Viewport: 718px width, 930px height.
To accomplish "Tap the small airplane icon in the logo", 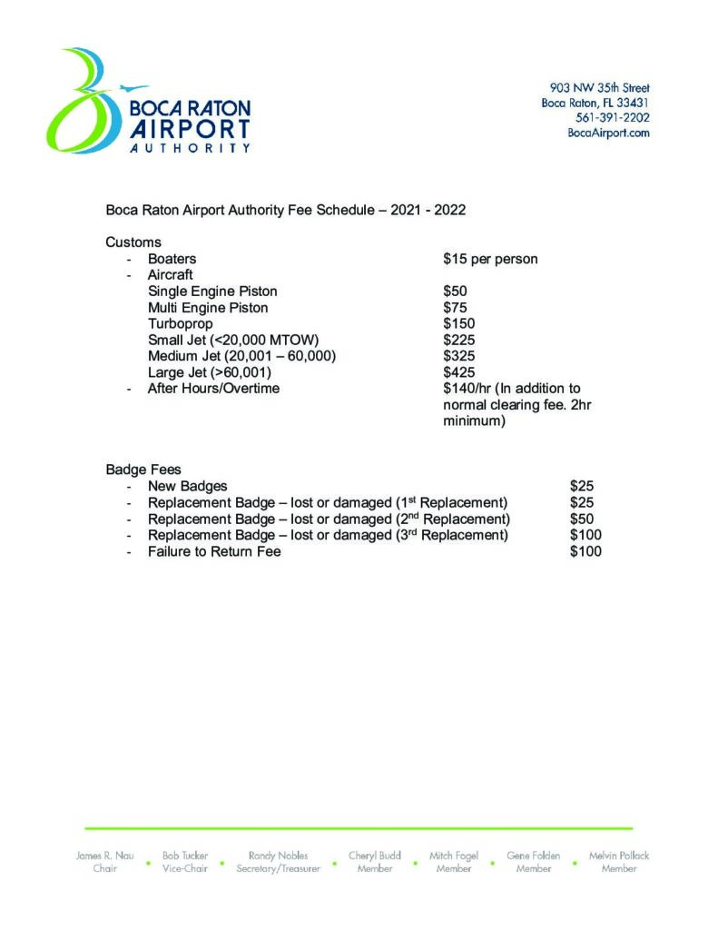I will (134, 88).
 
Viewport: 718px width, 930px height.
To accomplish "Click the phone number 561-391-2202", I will (612, 117).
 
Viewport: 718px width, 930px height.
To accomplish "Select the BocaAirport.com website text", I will (608, 133).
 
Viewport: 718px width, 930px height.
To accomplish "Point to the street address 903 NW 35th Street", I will (599, 88).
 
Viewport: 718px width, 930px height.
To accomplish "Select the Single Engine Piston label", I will (212, 292).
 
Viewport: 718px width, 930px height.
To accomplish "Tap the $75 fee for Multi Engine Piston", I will (455, 308).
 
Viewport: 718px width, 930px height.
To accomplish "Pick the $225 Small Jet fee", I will (458, 340).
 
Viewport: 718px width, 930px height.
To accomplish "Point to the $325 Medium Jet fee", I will (458, 356).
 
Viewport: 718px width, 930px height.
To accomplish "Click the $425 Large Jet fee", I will (458, 372).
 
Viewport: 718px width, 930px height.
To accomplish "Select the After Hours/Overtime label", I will (213, 389).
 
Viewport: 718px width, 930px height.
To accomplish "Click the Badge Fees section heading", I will (143, 470).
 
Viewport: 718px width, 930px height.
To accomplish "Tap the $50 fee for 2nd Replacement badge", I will (581, 519).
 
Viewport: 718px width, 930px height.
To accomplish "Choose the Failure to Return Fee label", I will (214, 551).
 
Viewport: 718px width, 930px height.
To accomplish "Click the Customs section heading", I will (133, 242).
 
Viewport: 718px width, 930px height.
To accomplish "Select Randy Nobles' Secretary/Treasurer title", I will (278, 869).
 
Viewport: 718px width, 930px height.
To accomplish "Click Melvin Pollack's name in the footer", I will (619, 856).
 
